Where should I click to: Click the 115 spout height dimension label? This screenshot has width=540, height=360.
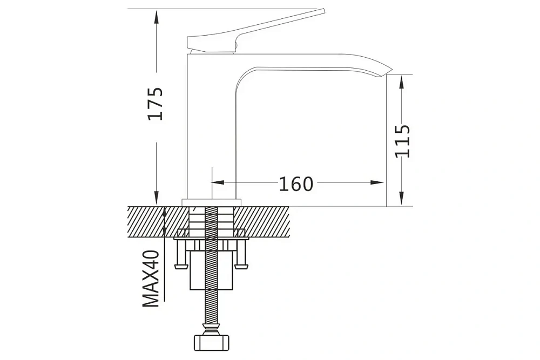(x=402, y=141)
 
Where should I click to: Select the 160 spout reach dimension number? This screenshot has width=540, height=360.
(x=296, y=184)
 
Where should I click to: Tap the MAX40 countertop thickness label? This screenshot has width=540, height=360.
(x=151, y=279)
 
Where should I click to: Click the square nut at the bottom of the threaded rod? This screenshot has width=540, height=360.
(x=212, y=342)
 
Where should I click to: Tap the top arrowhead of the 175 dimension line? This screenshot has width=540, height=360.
(x=157, y=16)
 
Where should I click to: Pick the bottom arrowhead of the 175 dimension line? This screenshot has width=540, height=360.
(x=157, y=199)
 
